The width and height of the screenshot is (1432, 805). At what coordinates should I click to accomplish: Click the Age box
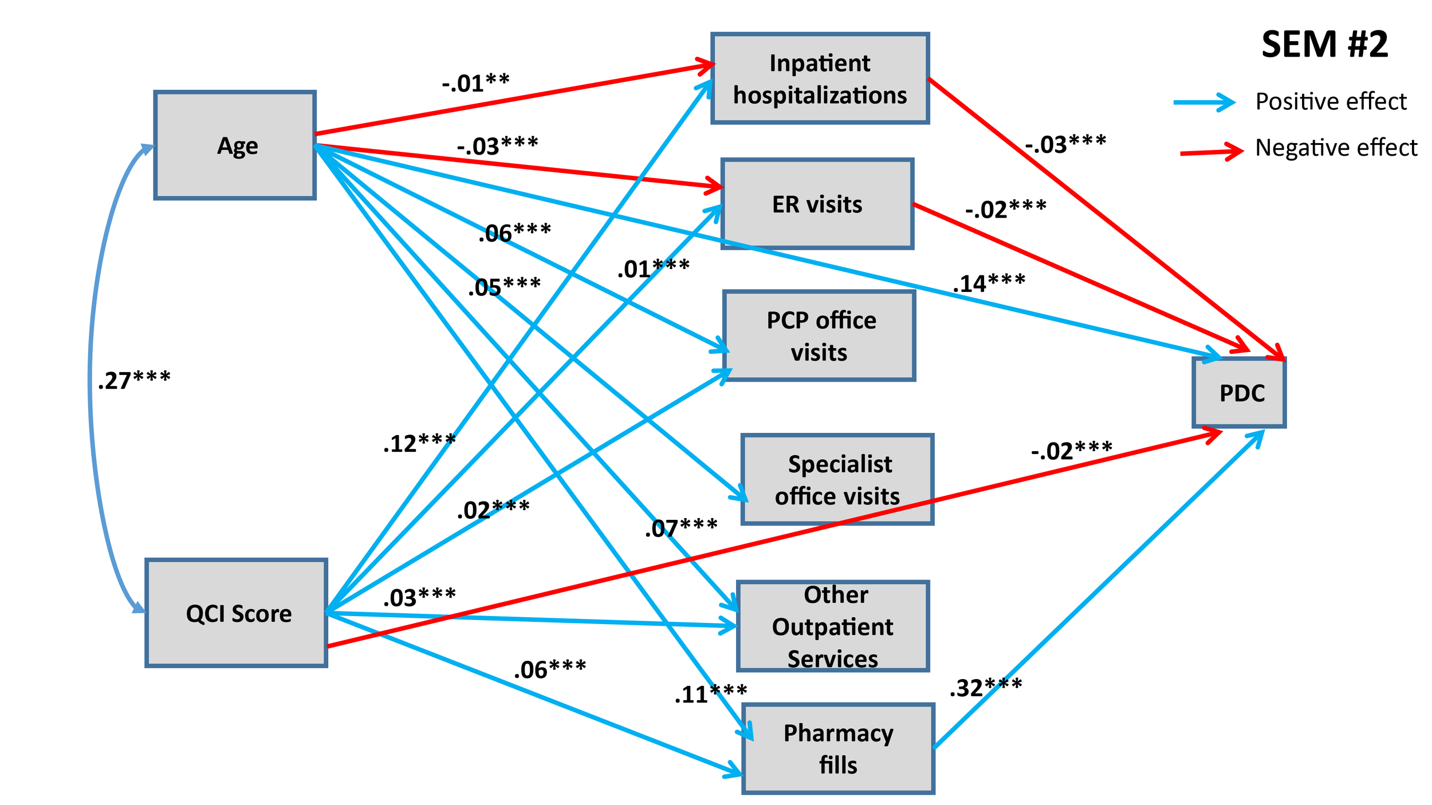tap(235, 145)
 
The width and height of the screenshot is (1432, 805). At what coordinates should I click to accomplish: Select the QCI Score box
tap(237, 613)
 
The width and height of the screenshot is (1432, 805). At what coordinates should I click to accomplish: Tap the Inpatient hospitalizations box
tap(820, 78)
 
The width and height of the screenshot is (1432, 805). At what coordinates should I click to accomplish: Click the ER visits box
tap(817, 204)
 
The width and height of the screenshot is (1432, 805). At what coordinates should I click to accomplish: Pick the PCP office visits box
tap(820, 336)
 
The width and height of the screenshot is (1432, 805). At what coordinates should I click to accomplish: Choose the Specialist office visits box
tap(837, 479)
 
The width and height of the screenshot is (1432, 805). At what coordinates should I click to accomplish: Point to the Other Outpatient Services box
tap(833, 626)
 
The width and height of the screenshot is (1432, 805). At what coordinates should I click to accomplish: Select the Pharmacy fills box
tap(838, 748)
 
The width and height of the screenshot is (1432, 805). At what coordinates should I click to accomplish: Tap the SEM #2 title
tap(1324, 45)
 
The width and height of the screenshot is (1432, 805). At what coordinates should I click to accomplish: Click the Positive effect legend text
tap(1330, 101)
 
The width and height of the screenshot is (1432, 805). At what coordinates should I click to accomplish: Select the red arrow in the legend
tap(1211, 152)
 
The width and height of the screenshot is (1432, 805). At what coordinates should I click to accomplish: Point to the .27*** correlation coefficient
tap(134, 380)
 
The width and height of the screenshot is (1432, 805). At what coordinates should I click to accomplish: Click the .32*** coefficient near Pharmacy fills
tap(985, 687)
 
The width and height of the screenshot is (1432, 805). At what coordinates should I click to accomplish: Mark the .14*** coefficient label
tap(989, 283)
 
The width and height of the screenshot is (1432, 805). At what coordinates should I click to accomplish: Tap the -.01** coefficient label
tap(475, 83)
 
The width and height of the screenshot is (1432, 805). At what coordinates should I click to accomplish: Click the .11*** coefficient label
tap(710, 694)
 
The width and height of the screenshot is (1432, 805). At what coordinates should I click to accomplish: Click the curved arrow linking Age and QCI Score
tap(91, 378)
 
